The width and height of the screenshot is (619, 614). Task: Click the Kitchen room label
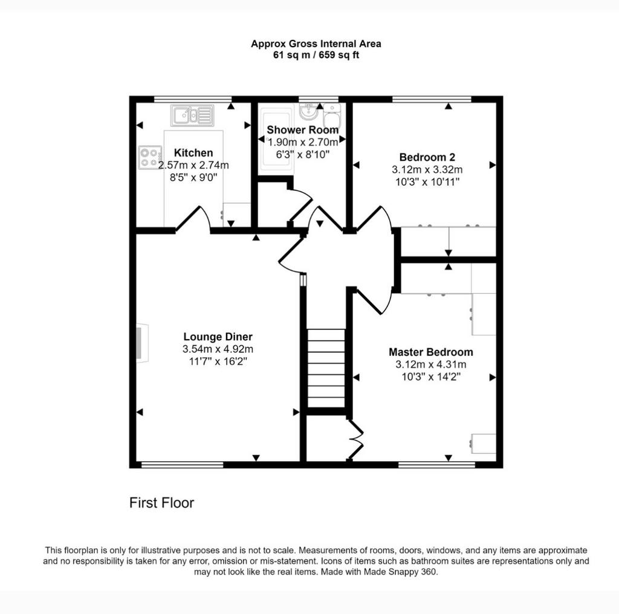[x=193, y=153]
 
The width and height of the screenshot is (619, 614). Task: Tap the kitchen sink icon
[x=192, y=115]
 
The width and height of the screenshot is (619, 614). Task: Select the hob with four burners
[x=150, y=158]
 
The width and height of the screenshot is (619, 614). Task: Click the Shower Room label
[x=302, y=130]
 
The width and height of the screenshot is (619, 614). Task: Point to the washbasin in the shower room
[x=308, y=111]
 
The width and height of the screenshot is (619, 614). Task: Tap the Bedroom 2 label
[x=427, y=157]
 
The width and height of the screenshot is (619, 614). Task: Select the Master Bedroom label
[x=430, y=352]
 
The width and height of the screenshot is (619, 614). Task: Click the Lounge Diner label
[x=218, y=337]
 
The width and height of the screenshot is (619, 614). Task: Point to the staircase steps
[x=326, y=368]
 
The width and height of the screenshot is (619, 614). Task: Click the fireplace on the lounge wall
[x=142, y=343]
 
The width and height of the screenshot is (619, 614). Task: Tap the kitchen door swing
[x=193, y=218]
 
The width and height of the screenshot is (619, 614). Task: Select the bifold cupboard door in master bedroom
[x=355, y=440]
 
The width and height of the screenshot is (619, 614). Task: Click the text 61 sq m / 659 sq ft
[x=316, y=55]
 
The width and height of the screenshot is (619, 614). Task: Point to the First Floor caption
[x=161, y=503]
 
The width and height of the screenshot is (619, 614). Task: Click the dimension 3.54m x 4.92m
[x=218, y=349]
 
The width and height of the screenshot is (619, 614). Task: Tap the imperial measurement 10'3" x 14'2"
[x=430, y=377]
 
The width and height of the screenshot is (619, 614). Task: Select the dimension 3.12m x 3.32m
[x=427, y=170]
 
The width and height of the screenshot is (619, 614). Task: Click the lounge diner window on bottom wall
[x=182, y=465]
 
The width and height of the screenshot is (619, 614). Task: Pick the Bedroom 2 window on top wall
[x=432, y=99]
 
